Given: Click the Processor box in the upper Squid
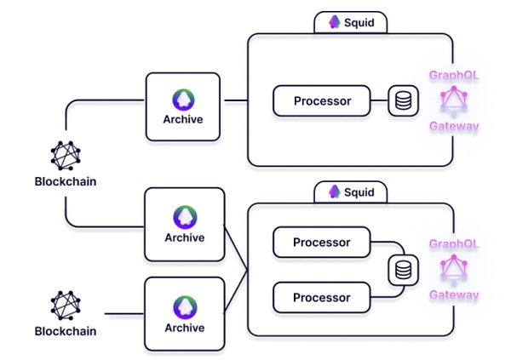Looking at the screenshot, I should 323,101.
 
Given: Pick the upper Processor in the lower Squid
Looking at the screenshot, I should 322,243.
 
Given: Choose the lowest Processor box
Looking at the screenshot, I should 322,298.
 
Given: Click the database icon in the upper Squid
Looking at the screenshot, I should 403,101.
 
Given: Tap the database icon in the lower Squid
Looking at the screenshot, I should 403,271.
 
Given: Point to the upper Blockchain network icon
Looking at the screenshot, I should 65,155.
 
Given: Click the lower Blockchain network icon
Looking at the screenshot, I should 65,306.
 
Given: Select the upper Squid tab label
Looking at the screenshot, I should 350,23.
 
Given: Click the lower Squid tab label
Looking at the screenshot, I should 350,191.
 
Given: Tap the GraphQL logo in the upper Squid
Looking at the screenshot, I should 454,101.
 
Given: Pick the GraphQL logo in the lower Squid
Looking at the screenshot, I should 454,270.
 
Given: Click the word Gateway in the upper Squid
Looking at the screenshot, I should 454,127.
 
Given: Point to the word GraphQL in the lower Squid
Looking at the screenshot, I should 454,243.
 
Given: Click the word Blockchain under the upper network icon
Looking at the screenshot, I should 65,181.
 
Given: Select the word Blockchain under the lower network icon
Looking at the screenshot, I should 65,331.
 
